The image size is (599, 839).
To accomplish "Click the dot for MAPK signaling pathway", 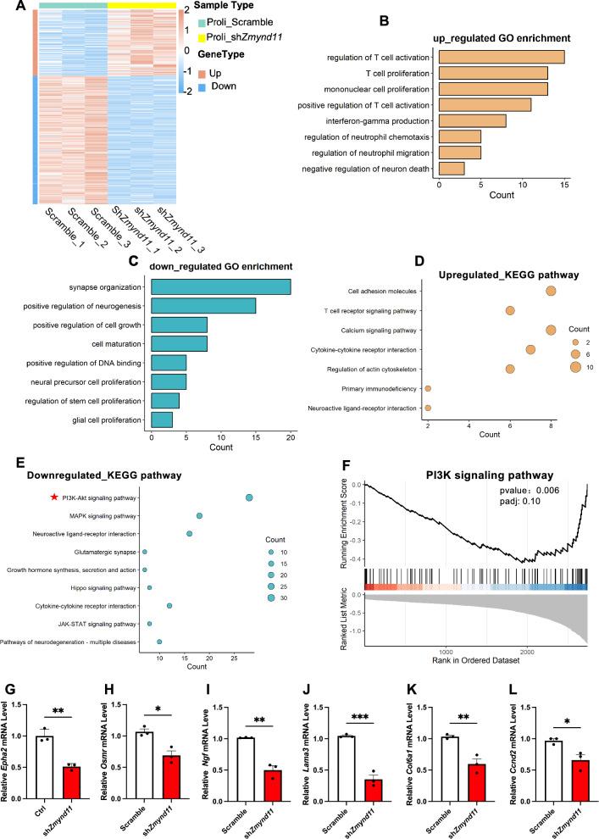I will pos(199,515).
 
